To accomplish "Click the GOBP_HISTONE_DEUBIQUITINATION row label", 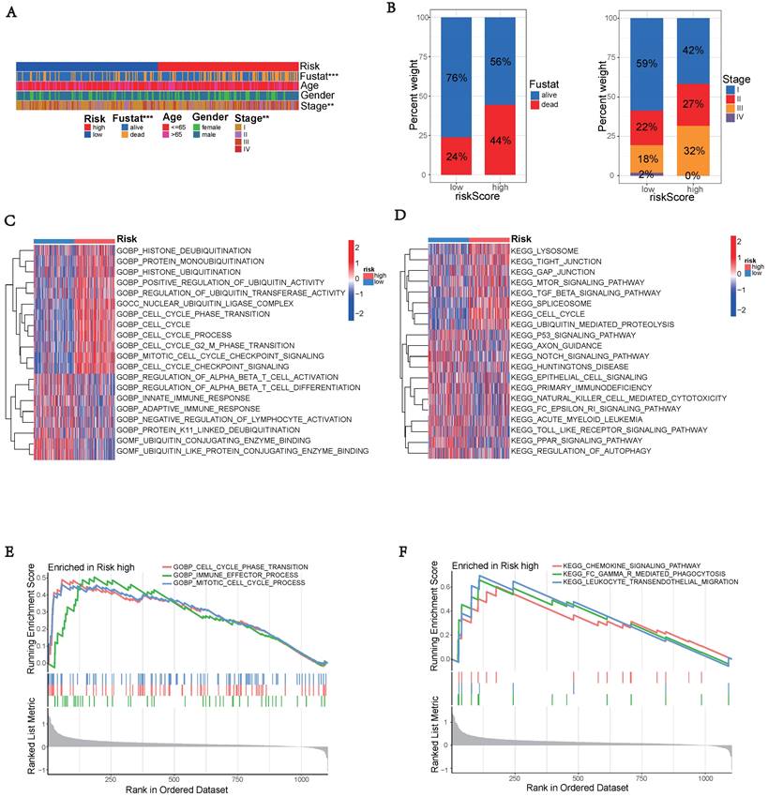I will tap(184, 250).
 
